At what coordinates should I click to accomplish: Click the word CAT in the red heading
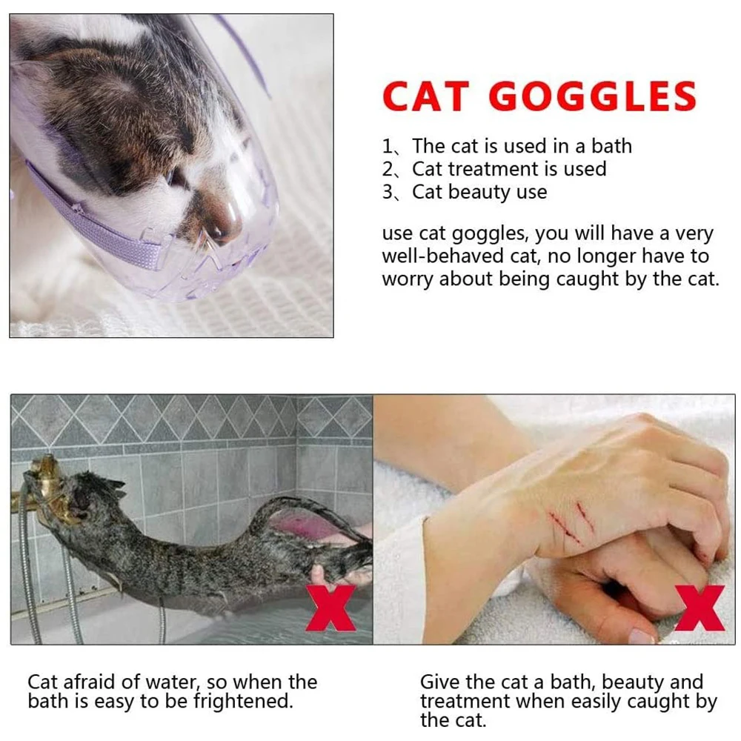pos(426,96)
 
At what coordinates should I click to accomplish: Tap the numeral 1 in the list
pos(387,147)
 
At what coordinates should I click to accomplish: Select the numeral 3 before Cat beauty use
pos(388,193)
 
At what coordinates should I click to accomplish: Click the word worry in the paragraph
pos(408,279)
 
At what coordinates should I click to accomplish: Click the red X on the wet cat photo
pos(330,608)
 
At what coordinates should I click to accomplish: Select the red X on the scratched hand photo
pos(700,608)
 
